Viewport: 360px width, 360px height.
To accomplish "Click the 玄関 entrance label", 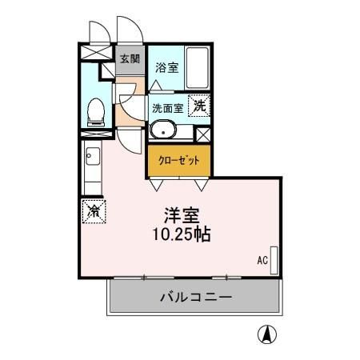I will click(130, 58).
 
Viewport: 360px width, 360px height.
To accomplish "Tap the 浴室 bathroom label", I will click(167, 66).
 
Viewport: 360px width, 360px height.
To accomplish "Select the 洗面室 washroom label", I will click(166, 107).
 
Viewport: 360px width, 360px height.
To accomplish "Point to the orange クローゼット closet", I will click(178, 161).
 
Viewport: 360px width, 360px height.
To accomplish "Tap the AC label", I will click(262, 260).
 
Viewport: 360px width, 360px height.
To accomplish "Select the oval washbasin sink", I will click(165, 128).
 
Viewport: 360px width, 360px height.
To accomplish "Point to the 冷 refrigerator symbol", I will click(94, 210).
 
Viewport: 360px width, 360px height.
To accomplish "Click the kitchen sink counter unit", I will click(90, 167).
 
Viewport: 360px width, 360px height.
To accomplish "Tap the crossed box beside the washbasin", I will click(203, 134).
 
